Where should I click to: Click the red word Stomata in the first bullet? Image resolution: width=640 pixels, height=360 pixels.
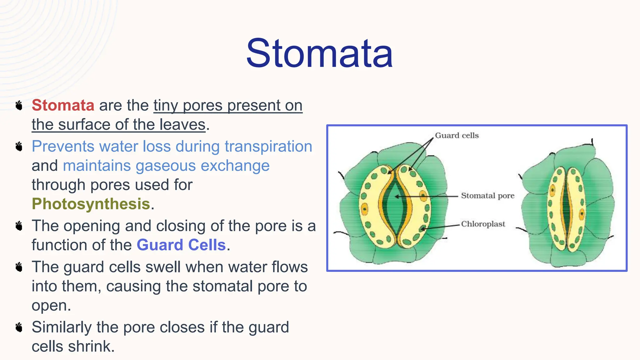(x=63, y=105)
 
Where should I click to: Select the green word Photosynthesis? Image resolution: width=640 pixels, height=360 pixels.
(x=91, y=204)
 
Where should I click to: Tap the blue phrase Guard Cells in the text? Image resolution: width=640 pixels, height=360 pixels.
(x=181, y=245)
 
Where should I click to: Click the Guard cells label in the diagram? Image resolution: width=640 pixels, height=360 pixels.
(x=457, y=135)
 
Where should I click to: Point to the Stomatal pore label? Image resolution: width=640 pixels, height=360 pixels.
(x=487, y=196)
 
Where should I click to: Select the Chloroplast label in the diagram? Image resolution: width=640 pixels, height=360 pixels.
(x=483, y=224)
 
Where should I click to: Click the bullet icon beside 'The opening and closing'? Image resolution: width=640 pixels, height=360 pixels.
(x=19, y=226)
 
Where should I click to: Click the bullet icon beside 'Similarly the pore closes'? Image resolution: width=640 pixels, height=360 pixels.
(x=19, y=327)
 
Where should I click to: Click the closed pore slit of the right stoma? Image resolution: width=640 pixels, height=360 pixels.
(x=566, y=208)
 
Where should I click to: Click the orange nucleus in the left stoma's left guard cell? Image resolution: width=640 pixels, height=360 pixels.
(x=364, y=209)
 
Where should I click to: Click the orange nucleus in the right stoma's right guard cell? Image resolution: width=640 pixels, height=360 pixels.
(x=582, y=214)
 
